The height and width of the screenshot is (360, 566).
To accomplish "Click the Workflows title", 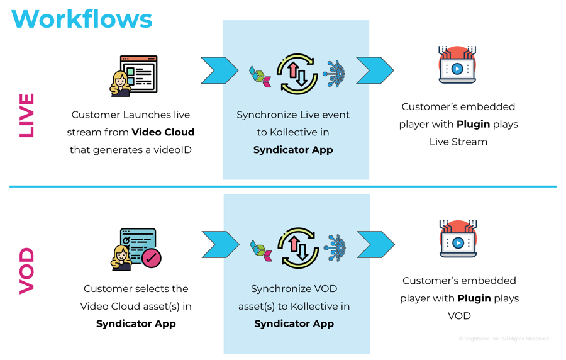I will tap(82, 18).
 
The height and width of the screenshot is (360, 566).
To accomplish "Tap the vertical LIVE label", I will tap(26, 115).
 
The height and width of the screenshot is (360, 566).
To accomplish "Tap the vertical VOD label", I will tap(26, 271).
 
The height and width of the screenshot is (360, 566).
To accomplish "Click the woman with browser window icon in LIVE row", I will tap(134, 76).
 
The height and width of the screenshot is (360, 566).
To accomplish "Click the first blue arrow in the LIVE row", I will tap(219, 70).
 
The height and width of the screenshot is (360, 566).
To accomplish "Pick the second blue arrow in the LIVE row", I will tap(375, 70).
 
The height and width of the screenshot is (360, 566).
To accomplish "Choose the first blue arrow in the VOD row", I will tap(220, 244).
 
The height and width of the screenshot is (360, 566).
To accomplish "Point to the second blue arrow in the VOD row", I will tap(375, 244).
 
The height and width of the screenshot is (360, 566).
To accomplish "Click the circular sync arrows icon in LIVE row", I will tap(297, 74).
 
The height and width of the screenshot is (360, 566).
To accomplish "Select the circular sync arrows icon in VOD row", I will tap(297, 248).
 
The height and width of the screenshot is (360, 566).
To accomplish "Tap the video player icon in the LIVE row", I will tap(457, 65).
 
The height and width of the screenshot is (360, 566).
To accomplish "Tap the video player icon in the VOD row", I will tap(458, 239).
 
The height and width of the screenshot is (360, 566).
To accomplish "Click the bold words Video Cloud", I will tap(163, 132).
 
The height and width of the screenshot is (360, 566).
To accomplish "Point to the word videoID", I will tap(171, 150).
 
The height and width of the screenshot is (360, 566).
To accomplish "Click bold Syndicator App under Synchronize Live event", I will tap(293, 150).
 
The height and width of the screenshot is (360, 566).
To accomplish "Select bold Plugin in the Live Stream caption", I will tap(473, 124).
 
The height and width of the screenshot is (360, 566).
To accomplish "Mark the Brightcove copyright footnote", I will tap(504, 339).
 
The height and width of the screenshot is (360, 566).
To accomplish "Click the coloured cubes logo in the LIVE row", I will tap(260, 76).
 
